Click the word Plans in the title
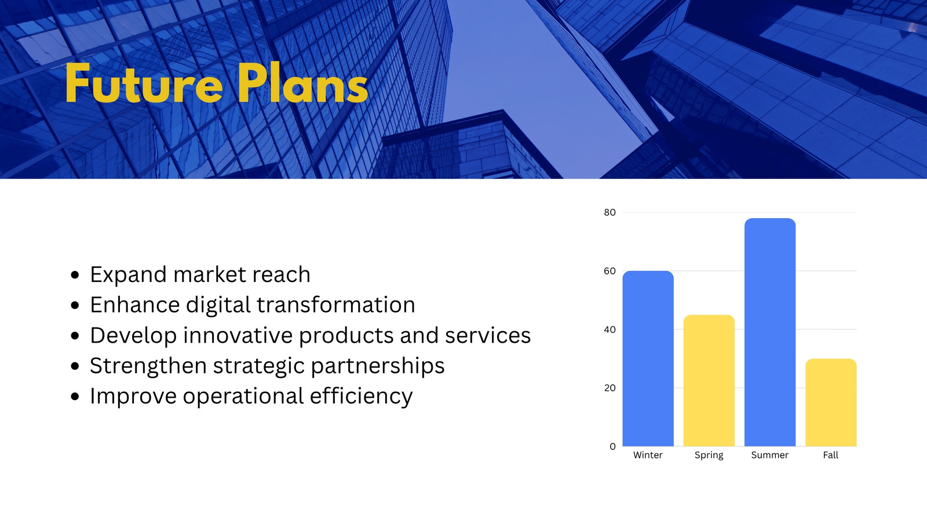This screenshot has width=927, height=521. point(303,83)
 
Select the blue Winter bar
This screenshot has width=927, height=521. point(648,358)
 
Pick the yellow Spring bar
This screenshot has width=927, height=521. point(709,380)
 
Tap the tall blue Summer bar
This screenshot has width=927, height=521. point(770,332)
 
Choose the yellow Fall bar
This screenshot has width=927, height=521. point(831,402)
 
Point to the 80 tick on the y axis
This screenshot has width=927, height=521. point(610,212)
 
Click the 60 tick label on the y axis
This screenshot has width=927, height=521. point(610,271)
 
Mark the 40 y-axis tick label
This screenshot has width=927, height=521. point(610,329)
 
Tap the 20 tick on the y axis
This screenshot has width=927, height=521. point(610,388)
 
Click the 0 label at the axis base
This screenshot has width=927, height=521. point(612,446)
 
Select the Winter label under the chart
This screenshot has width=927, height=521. point(648,455)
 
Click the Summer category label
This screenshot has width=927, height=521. point(770,455)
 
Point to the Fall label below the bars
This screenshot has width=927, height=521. point(831,455)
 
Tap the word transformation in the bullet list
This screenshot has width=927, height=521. point(335,304)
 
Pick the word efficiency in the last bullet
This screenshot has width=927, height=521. point(361,397)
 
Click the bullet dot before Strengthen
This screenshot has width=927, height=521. point(75,366)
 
